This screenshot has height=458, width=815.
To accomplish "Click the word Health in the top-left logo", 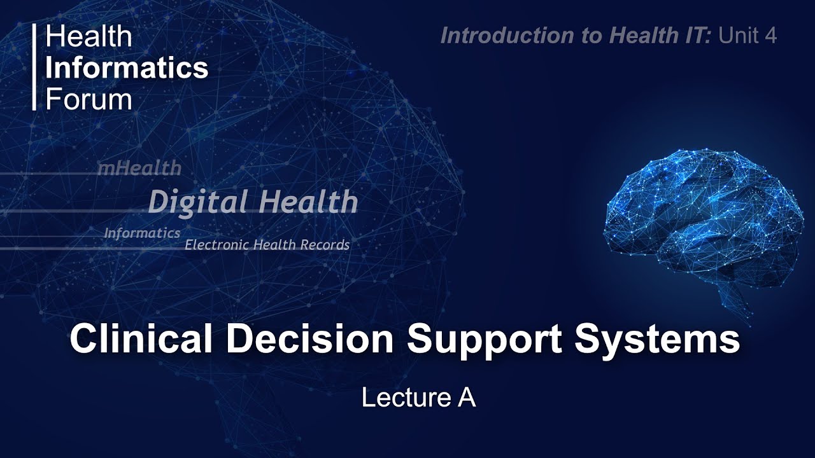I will [x=89, y=37].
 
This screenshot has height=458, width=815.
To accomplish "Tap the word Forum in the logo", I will [x=89, y=99].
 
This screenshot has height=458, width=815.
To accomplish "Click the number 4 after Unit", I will [x=771, y=36].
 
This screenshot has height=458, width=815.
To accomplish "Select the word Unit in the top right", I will [x=739, y=36].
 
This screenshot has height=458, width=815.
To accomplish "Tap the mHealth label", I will [x=139, y=168].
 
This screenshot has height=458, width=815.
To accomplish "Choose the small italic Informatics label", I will [x=142, y=233].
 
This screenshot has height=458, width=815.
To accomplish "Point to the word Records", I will [x=327, y=245].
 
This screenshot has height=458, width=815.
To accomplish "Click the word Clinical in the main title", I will [x=141, y=339].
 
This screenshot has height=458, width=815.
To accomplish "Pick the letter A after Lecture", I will [x=466, y=398].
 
